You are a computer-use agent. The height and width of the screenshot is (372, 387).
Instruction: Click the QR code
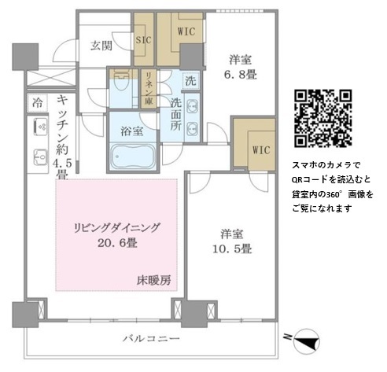pos(322,119)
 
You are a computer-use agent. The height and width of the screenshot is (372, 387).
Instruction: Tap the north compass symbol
pos(306,341)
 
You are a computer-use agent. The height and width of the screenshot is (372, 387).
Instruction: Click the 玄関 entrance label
pos(101,46)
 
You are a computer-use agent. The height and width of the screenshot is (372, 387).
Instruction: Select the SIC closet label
pos(144,40)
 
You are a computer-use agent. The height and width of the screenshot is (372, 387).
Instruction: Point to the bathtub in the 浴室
pos(133,157)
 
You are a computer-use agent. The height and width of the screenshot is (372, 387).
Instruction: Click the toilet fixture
pos(121,80)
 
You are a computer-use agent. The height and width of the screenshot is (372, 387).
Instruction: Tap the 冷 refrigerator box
pos(37,102)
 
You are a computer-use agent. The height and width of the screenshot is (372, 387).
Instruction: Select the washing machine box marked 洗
pos(190,80)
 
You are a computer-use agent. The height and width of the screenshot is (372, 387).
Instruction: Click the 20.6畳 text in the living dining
pos(118,243)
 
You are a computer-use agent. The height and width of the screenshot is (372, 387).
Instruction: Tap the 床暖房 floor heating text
pos(154,281)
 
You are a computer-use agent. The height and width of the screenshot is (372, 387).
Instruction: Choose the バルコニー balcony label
pos(152,338)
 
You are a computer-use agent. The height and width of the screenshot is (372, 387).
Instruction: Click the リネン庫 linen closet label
pos(149,88)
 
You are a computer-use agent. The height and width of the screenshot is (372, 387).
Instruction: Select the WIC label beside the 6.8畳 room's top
pos(186,31)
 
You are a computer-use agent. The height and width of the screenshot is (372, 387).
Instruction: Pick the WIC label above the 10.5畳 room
pos(261,150)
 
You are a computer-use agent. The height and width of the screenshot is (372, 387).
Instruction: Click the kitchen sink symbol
pos(40,157)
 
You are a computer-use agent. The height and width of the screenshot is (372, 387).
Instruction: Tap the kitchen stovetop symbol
pos(41,127)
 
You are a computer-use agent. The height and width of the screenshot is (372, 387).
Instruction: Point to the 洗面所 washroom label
pos(176,115)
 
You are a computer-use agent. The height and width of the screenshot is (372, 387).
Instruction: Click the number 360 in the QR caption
pos(334,194)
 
